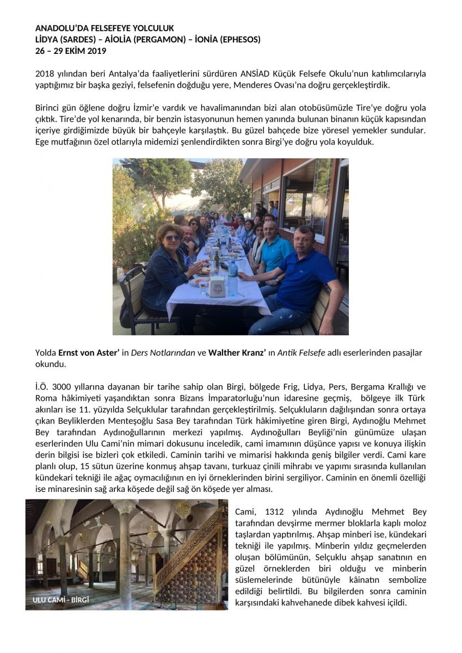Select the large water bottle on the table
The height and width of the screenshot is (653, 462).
click(x=232, y=277)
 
